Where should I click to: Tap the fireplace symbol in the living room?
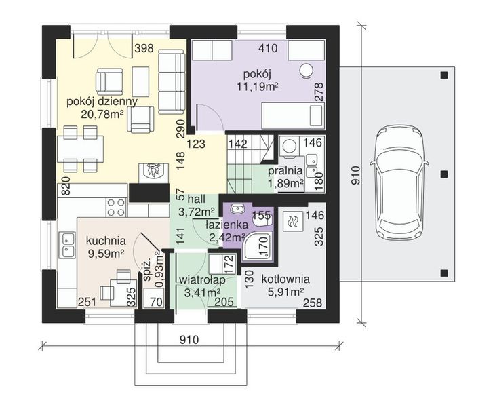pyautogui.click(x=153, y=172)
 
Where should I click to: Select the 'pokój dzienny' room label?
pyautogui.click(x=102, y=102)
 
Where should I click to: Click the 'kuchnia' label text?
pyautogui.click(x=106, y=241)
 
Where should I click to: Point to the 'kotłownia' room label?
pyautogui.click(x=285, y=279)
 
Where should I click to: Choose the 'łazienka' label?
pyautogui.click(x=226, y=225)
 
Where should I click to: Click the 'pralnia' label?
pyautogui.click(x=285, y=172)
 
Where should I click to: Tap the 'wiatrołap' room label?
pyautogui.click(x=202, y=280)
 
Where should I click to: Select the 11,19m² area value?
pyautogui.click(x=258, y=87)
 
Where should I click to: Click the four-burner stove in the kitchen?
pyautogui.click(x=117, y=208)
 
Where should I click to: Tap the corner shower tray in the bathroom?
pyautogui.click(x=257, y=246)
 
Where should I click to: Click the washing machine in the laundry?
pyautogui.click(x=289, y=147)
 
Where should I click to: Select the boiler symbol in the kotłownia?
pyautogui.click(x=293, y=222)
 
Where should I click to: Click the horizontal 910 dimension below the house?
pyautogui.click(x=190, y=340)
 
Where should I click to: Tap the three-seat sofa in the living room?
pyautogui.click(x=172, y=81)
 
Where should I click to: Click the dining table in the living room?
pyautogui.click(x=81, y=149)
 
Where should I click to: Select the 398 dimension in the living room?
pyautogui.click(x=144, y=48)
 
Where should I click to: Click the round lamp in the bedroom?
pyautogui.click(x=305, y=70)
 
